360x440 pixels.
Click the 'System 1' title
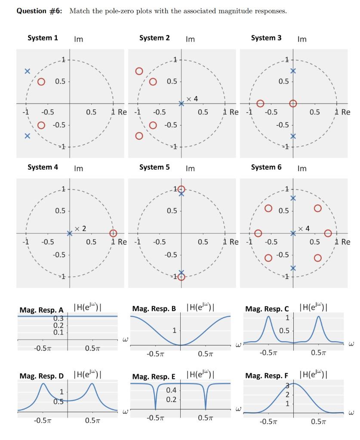43,38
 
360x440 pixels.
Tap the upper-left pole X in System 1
27,71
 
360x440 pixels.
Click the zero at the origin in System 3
293,103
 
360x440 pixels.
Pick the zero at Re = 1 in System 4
113,233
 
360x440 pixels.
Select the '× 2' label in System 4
80,229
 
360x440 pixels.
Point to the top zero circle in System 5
182,189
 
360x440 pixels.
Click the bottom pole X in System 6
293,268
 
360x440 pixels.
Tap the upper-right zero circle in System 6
318,208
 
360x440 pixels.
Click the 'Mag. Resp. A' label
41,310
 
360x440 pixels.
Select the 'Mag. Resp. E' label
154,377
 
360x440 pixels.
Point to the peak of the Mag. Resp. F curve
294,383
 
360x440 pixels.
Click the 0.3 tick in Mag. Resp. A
58,318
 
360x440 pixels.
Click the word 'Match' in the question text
79,11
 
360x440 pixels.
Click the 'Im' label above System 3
302,39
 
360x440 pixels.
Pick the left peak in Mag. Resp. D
43,384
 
